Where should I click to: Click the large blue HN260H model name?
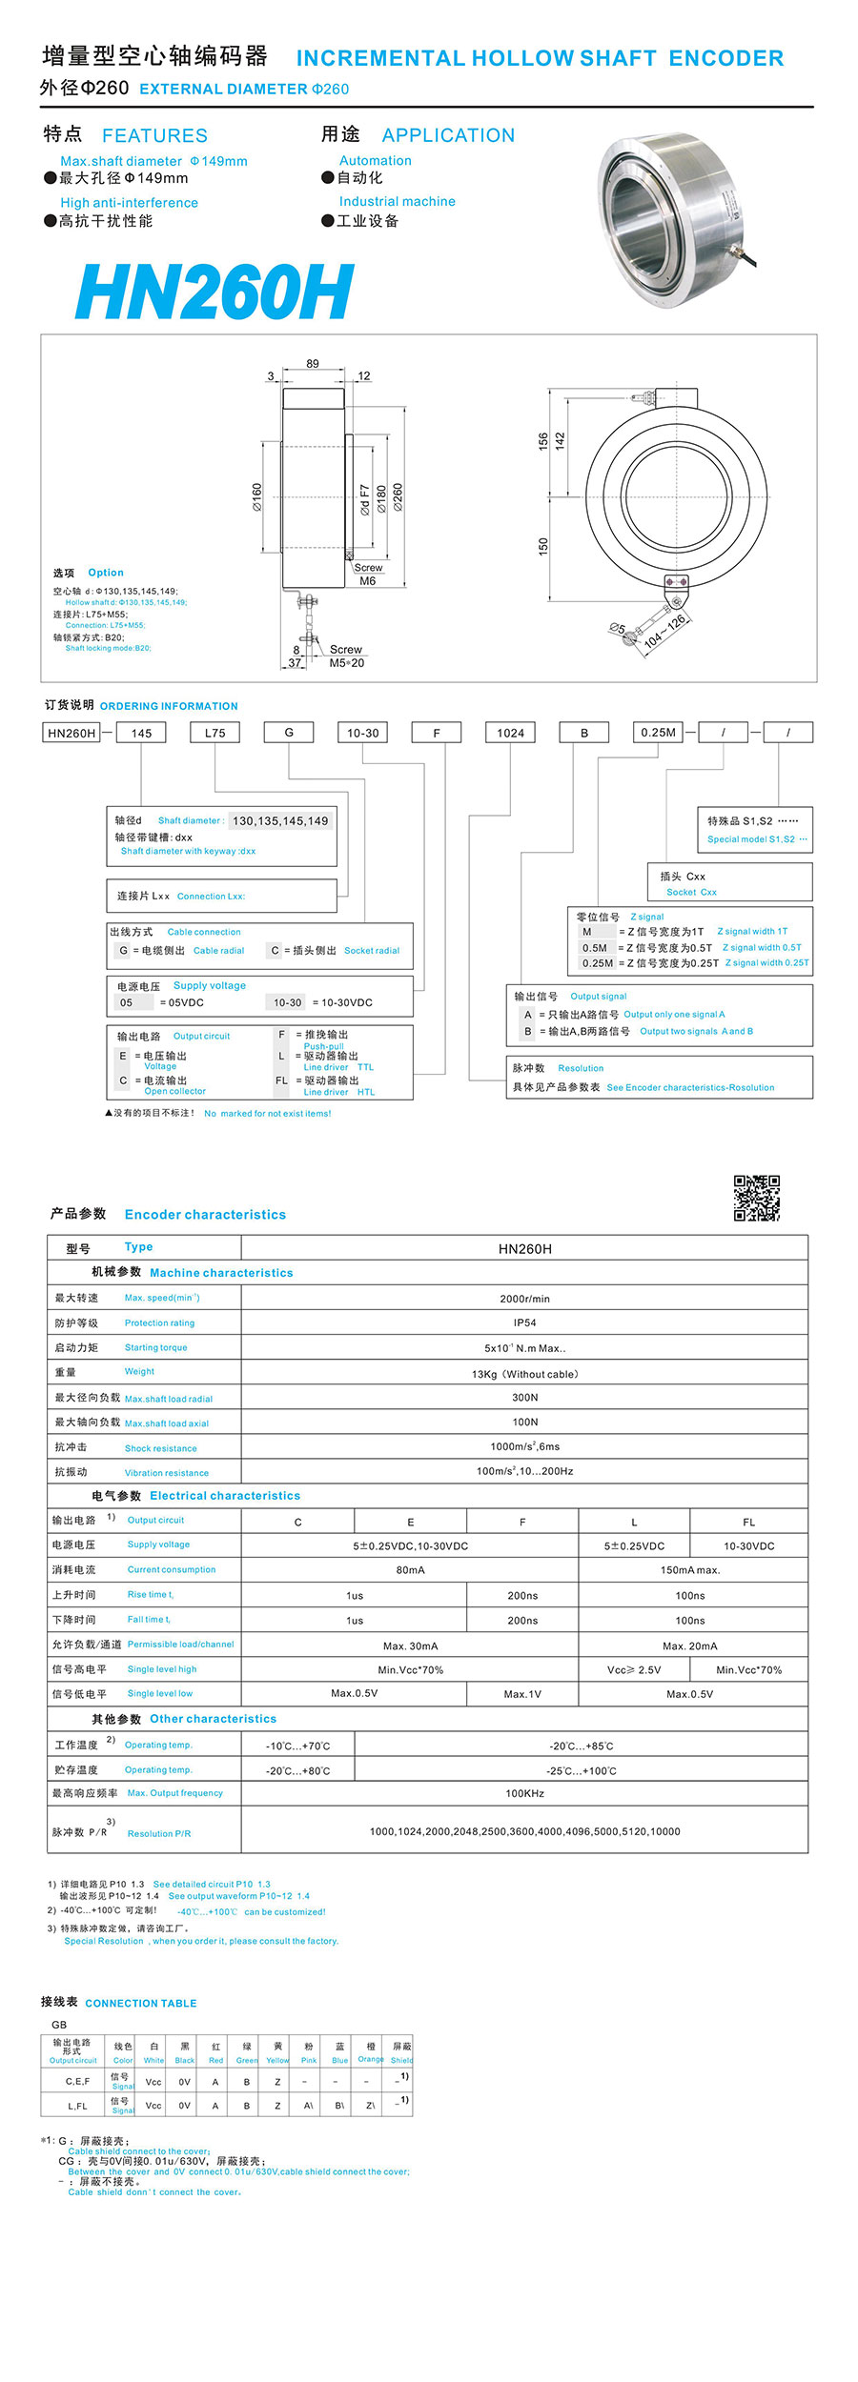pos(214,292)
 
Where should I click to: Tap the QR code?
pos(756,1198)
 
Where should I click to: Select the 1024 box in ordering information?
pos(510,733)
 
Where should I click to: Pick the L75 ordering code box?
pos(214,733)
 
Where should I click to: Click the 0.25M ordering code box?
pos(658,733)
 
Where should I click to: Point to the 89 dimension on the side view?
pos(313,364)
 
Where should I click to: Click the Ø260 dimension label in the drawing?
pos(398,496)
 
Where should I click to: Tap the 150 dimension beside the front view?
pos(543,547)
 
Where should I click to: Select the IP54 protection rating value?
pos(524,1322)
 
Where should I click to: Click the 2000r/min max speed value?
pos(524,1299)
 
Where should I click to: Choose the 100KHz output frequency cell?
pos(524,1793)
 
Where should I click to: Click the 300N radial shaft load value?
pos(524,1398)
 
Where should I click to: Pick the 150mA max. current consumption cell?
pos(690,1570)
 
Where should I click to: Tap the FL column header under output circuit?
pos(748,1522)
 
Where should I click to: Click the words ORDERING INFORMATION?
pos(169,706)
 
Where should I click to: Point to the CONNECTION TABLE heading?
pos(141,2003)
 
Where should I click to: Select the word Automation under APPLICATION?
pos(376,161)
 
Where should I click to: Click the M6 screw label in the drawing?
pos(368,581)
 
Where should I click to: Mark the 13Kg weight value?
pos(524,1374)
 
